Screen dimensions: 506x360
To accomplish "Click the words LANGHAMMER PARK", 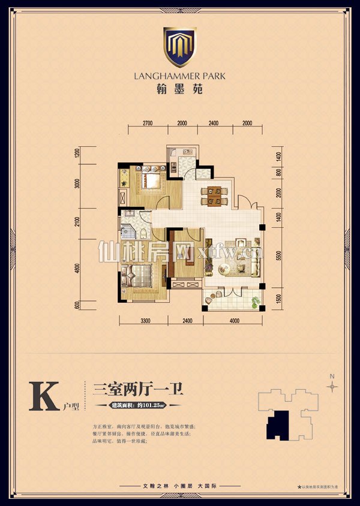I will (180, 76).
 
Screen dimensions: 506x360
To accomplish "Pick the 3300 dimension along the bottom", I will (145, 321).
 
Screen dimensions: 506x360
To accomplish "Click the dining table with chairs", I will (214, 195).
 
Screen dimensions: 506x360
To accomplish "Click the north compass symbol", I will (332, 385).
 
